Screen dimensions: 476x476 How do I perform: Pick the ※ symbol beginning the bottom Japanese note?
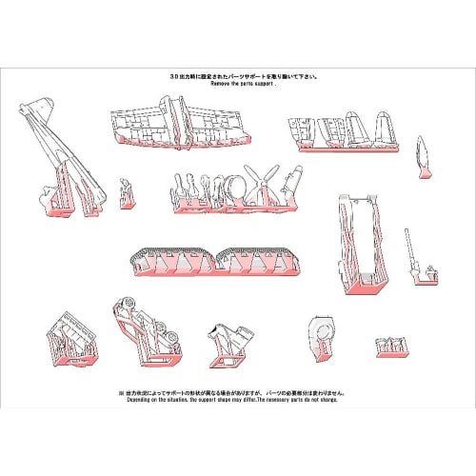coord(122,391)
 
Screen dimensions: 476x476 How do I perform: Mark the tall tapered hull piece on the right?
coord(360,241)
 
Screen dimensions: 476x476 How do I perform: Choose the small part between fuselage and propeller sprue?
coord(127,191)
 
